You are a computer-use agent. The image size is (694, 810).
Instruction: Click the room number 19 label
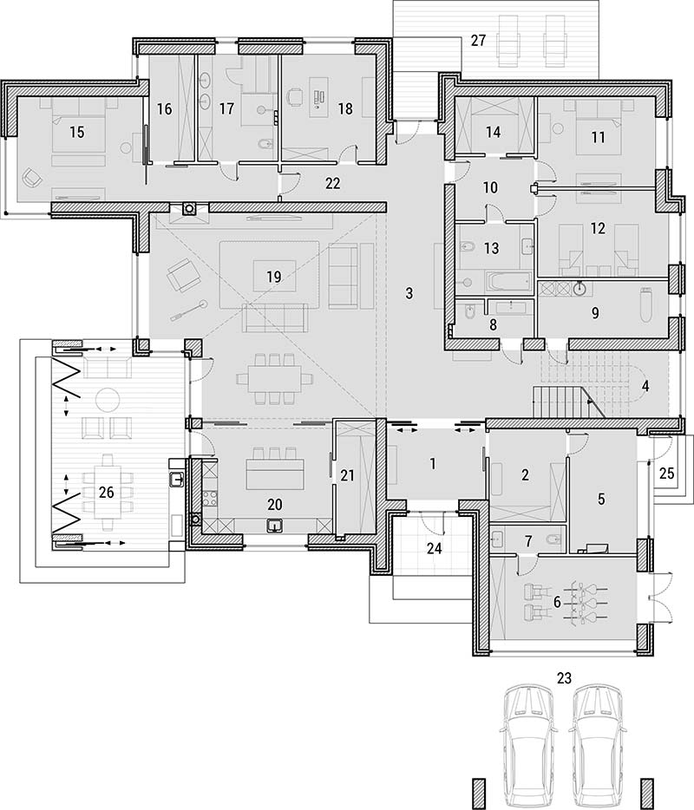click(274, 277)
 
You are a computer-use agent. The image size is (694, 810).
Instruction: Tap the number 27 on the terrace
click(479, 40)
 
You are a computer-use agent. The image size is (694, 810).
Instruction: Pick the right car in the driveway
click(600, 742)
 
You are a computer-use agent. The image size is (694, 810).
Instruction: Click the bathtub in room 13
click(508, 282)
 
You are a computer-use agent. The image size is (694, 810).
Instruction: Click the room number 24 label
click(434, 548)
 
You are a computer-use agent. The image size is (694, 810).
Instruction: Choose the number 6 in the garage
click(557, 603)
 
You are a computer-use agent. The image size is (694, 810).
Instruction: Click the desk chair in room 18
click(295, 96)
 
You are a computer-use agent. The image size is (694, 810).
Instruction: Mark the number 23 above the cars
click(564, 677)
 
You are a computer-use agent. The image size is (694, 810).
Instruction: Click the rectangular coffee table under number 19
click(274, 277)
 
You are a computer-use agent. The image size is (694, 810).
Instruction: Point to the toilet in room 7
click(553, 539)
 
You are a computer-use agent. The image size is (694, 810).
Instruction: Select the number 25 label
click(667, 473)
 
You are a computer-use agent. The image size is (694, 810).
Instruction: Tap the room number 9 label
click(595, 312)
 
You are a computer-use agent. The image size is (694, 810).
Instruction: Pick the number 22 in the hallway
click(333, 183)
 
